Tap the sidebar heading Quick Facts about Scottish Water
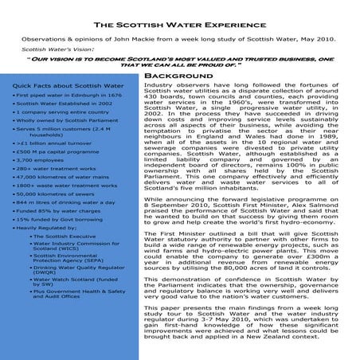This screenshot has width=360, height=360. click(x=68, y=85)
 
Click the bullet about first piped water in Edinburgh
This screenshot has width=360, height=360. click(x=67, y=95)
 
